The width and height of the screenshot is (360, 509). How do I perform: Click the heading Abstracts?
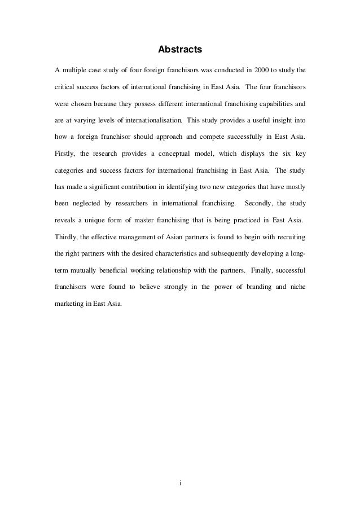point(179,50)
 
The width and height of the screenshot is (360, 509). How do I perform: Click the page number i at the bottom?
point(179,483)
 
